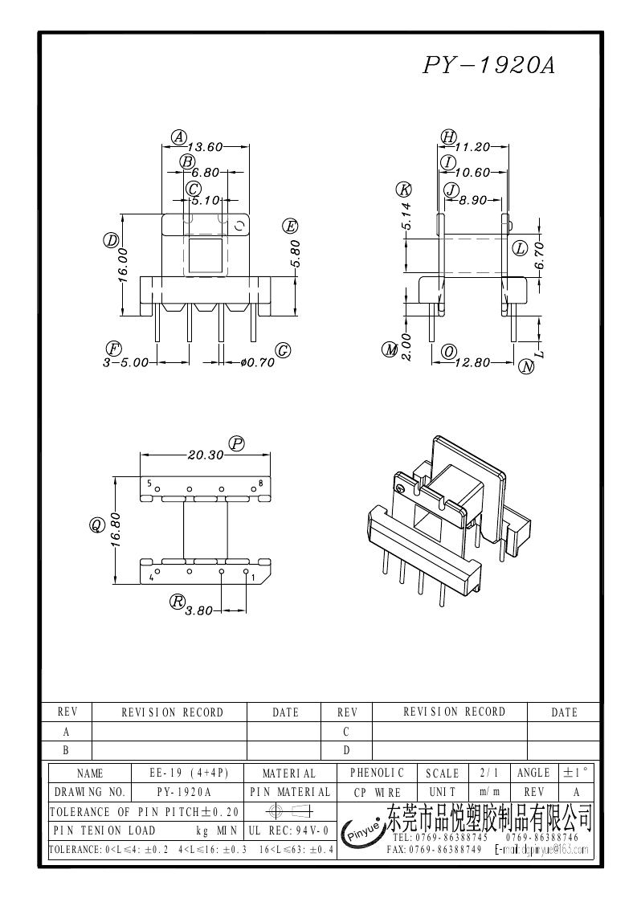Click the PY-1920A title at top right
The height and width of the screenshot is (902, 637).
(x=488, y=66)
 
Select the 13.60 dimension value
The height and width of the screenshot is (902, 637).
(x=204, y=147)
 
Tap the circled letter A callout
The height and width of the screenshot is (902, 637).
(x=179, y=137)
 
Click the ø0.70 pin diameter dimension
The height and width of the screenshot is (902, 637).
(x=258, y=362)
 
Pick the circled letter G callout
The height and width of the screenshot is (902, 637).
(x=283, y=350)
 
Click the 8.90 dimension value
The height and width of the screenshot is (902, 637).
(x=472, y=201)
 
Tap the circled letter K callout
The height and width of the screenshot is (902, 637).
(x=404, y=190)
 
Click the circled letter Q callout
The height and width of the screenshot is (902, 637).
(x=96, y=525)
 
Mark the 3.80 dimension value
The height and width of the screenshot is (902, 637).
(x=198, y=610)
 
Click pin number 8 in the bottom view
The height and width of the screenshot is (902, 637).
(x=260, y=484)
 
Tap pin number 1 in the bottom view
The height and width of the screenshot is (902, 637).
(x=254, y=577)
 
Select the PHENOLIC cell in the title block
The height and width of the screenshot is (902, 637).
(x=378, y=773)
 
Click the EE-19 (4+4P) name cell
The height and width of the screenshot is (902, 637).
(x=190, y=773)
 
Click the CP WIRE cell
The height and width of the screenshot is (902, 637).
(x=378, y=792)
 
